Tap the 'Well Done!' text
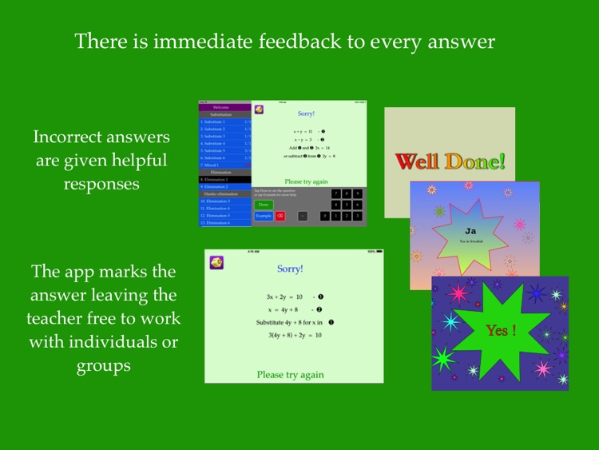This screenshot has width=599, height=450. coord(450,162)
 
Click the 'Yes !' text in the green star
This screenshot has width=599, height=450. coord(501,329)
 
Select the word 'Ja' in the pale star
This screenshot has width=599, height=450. coord(470,231)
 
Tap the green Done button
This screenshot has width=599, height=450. coord(263,205)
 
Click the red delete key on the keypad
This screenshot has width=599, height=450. coord(280,216)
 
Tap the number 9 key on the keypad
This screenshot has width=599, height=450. coord(357,193)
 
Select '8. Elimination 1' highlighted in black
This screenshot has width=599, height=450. coord(215,180)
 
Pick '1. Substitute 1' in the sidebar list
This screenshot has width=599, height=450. coord(213,121)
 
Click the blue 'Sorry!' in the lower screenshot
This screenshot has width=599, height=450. coord(290,269)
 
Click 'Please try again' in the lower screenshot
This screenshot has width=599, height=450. coord(290,374)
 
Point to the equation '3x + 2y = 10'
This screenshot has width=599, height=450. coord(284,297)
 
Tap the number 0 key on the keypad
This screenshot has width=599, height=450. coord(324,216)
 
